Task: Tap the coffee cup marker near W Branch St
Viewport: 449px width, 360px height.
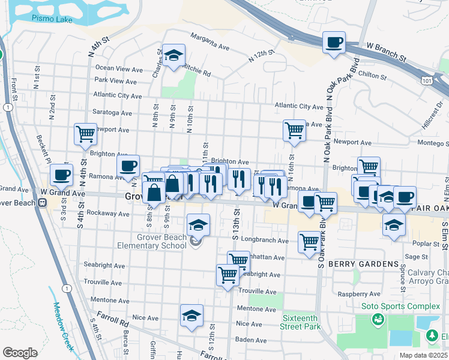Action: point(334,43)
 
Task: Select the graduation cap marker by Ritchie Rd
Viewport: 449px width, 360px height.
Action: point(174,56)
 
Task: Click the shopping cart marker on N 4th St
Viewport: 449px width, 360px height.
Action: point(85,133)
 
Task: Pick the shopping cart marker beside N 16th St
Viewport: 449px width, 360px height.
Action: point(294,130)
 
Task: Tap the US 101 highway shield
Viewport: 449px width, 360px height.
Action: point(426,79)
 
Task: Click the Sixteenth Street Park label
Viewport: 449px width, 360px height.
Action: point(300,322)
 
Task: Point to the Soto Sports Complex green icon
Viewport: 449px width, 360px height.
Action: point(378,319)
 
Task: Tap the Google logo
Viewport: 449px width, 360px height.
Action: point(20,352)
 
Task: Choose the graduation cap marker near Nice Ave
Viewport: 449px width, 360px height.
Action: point(191,315)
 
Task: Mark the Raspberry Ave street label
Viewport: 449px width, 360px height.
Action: point(360,294)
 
